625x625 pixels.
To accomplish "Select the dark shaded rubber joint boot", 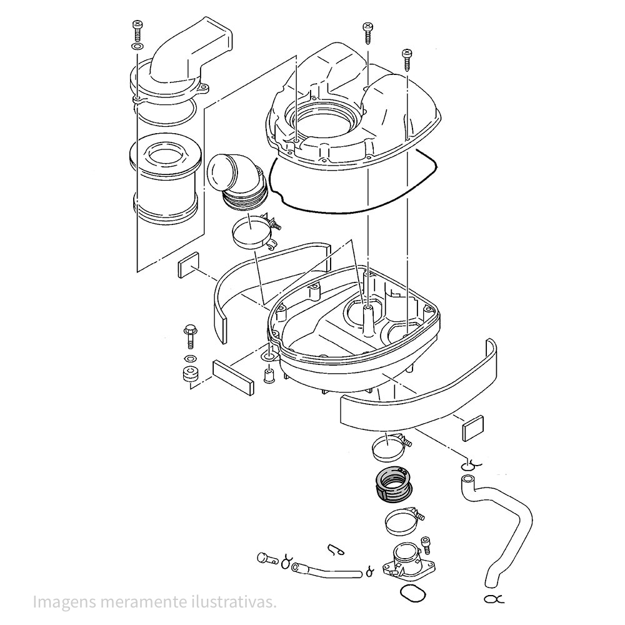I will pos(392,484).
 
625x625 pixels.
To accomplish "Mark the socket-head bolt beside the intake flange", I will pos(427,544).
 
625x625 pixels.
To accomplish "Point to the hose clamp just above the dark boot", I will pos(388,447).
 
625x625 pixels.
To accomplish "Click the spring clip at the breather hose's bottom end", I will pos(493,599).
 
